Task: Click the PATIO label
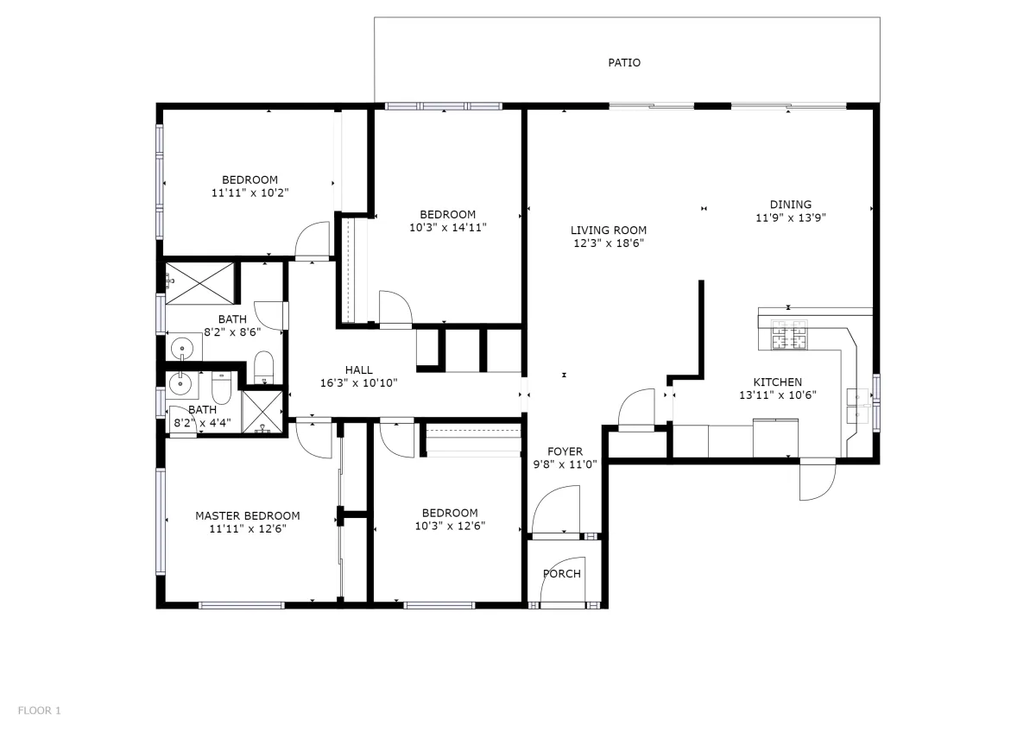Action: (x=624, y=63)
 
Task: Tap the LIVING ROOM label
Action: (x=608, y=230)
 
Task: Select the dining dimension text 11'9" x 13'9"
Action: (x=791, y=218)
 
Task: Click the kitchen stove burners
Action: (x=788, y=334)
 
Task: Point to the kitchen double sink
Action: (x=858, y=406)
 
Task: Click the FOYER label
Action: (x=565, y=451)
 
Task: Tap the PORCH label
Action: (x=561, y=574)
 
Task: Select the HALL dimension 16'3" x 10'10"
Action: (x=358, y=383)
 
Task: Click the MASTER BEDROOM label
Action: (x=248, y=516)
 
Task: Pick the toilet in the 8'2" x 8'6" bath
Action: (x=263, y=367)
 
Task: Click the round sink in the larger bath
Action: (x=182, y=348)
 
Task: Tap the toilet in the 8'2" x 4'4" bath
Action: (x=221, y=388)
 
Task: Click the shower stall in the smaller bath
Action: (x=262, y=412)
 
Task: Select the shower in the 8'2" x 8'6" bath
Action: (x=199, y=283)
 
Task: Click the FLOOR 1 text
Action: (x=40, y=710)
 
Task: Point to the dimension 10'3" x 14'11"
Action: (x=448, y=228)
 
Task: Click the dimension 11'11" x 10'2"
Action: (x=250, y=193)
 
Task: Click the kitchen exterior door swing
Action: (x=818, y=480)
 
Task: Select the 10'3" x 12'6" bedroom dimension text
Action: (x=450, y=527)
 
